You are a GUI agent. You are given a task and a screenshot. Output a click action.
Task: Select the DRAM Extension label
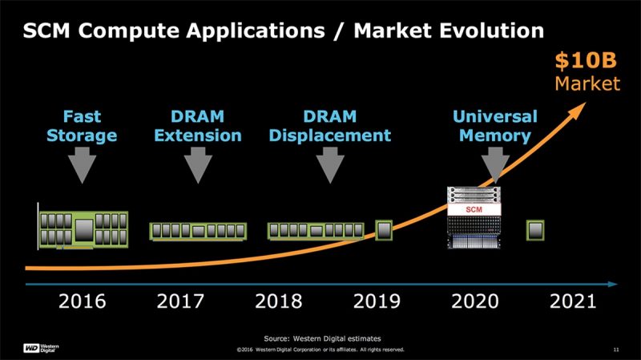[197, 125]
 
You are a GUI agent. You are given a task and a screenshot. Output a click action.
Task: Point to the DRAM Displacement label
[330, 125]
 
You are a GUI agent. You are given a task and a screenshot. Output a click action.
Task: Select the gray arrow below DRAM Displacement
[329, 166]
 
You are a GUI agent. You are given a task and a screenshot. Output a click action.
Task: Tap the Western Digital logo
[39, 347]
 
